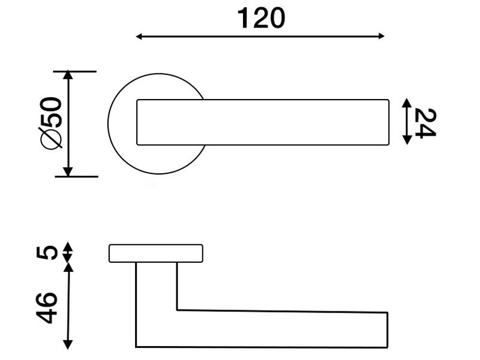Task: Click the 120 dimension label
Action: (261, 19)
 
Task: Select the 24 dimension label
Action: (425, 124)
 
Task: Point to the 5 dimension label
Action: (47, 253)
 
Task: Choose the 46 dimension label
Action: (47, 308)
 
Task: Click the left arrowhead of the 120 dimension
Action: (139, 37)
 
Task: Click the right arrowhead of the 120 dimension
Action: (381, 36)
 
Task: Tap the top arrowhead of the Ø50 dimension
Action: (68, 76)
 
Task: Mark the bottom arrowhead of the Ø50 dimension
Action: (68, 172)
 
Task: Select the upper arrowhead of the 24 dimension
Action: (407, 103)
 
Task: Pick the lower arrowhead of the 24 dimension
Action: (407, 140)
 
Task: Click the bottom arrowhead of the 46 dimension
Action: (67, 344)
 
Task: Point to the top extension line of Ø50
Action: (74, 71)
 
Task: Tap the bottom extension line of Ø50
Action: (77, 176)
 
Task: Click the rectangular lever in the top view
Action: (263, 122)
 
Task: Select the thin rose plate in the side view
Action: (156, 253)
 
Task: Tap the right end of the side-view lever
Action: (388, 330)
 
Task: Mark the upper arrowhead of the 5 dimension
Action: (68, 247)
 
